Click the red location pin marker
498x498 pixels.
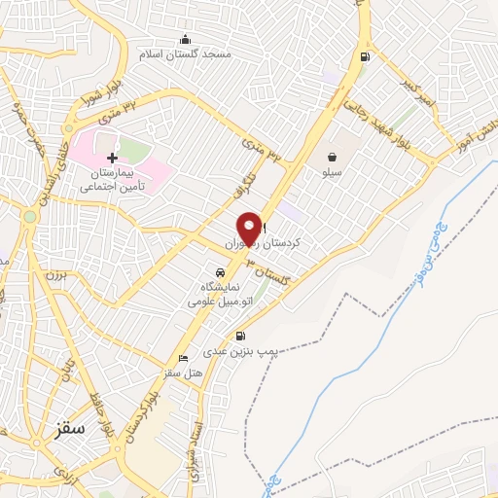(250, 228)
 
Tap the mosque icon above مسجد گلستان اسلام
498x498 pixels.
(186, 39)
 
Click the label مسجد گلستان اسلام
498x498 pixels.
(187, 54)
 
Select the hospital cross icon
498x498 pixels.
(112, 158)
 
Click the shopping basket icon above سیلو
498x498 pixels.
(333, 156)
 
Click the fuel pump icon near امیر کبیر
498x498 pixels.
(365, 55)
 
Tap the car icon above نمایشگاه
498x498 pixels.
(218, 273)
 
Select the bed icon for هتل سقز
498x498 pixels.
(183, 358)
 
